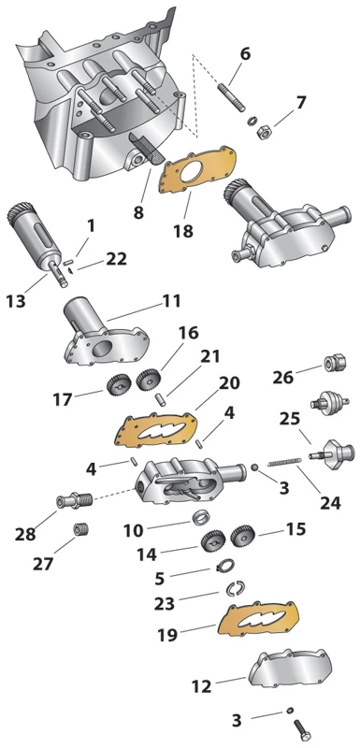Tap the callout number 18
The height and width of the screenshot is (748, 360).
183,231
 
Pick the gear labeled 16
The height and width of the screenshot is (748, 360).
147,380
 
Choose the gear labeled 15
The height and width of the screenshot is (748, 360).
243,536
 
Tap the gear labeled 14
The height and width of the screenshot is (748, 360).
212,540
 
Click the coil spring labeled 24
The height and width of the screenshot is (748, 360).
284,461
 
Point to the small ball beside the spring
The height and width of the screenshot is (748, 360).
256,467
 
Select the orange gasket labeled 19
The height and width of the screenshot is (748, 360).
258,619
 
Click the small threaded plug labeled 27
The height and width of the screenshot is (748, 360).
81,529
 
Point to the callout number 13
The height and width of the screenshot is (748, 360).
16,301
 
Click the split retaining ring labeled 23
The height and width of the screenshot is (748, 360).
235,589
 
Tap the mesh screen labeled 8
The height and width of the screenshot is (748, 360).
147,149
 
